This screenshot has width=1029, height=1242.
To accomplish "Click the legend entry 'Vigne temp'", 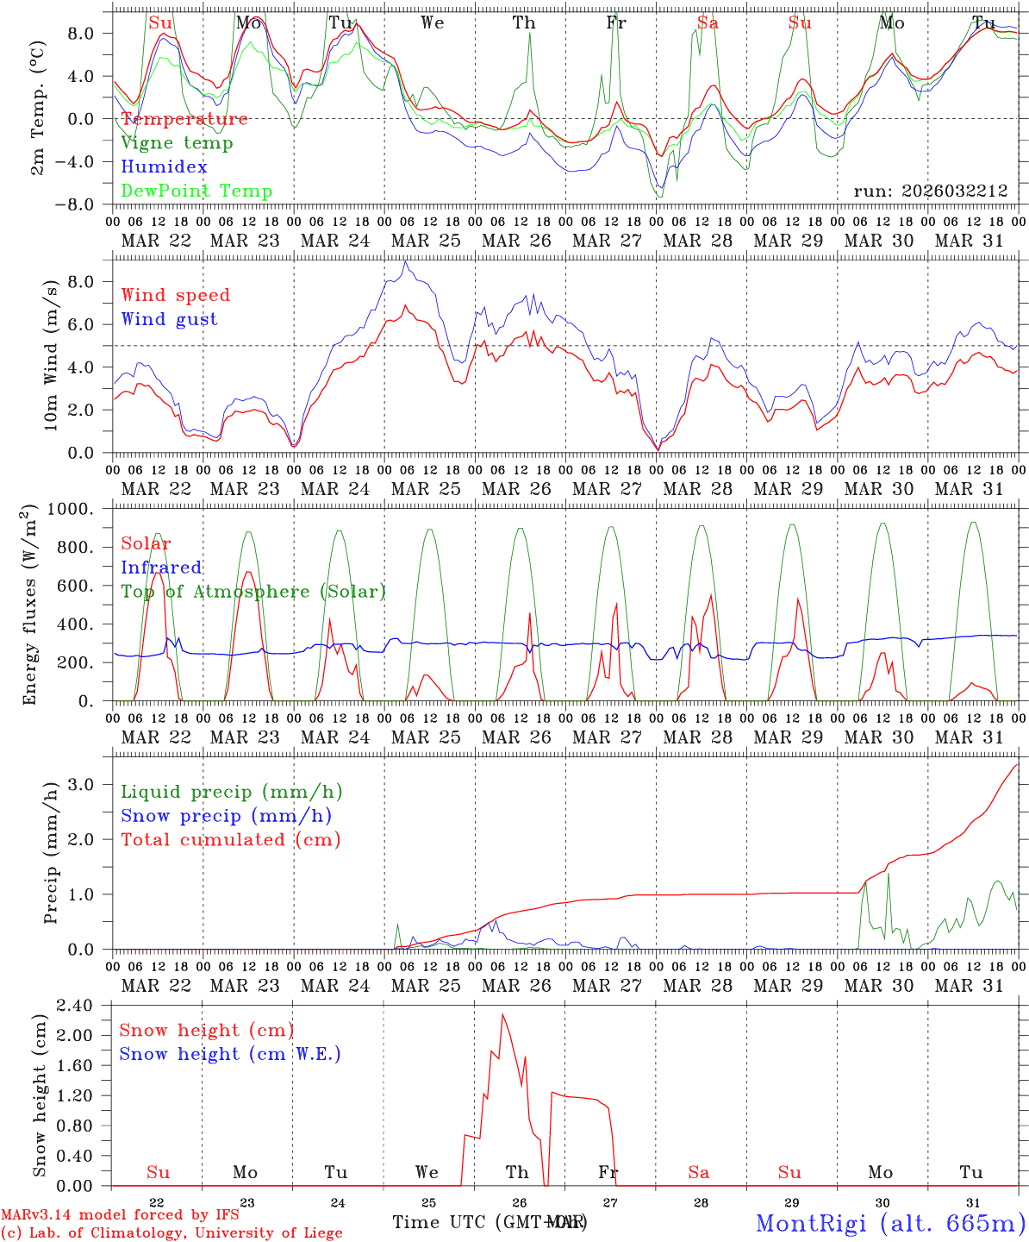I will [x=177, y=143].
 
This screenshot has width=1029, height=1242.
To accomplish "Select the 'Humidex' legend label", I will [x=164, y=167].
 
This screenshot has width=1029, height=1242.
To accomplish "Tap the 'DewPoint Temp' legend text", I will [x=196, y=191].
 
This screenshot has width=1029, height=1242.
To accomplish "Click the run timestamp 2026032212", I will [x=931, y=191].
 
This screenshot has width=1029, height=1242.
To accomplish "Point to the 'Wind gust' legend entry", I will [x=169, y=320].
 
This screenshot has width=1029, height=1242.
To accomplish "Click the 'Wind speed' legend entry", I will [x=176, y=296].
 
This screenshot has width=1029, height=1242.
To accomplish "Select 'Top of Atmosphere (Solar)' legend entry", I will [x=253, y=592].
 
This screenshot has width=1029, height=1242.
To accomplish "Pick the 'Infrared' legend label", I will [x=161, y=568].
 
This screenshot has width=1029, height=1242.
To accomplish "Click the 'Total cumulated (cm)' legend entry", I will [x=231, y=840].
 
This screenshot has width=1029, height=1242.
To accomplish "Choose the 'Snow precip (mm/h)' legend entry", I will [x=226, y=816].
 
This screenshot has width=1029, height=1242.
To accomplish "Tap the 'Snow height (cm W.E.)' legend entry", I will [x=230, y=1054].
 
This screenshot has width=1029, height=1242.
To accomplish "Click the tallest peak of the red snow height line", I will [x=502, y=1014].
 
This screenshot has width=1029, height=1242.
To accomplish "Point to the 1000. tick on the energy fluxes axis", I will [x=84, y=509].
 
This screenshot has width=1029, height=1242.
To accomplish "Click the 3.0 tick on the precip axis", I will [x=90, y=784].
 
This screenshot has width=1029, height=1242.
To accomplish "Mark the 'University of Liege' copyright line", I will [x=171, y=1233].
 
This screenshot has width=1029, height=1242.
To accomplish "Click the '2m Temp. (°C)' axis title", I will [x=38, y=107].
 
